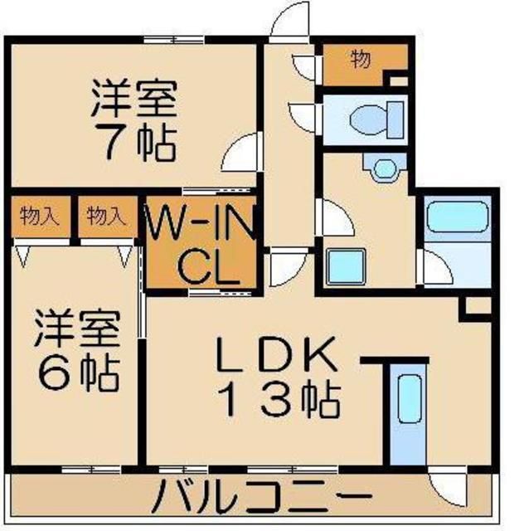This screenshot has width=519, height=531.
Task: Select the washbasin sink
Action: tap(384, 169)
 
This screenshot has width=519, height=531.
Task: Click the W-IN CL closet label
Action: tap(201, 244)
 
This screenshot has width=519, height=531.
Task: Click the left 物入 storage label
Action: tap(41, 218)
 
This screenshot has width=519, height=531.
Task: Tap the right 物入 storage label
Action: tap(106, 218)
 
